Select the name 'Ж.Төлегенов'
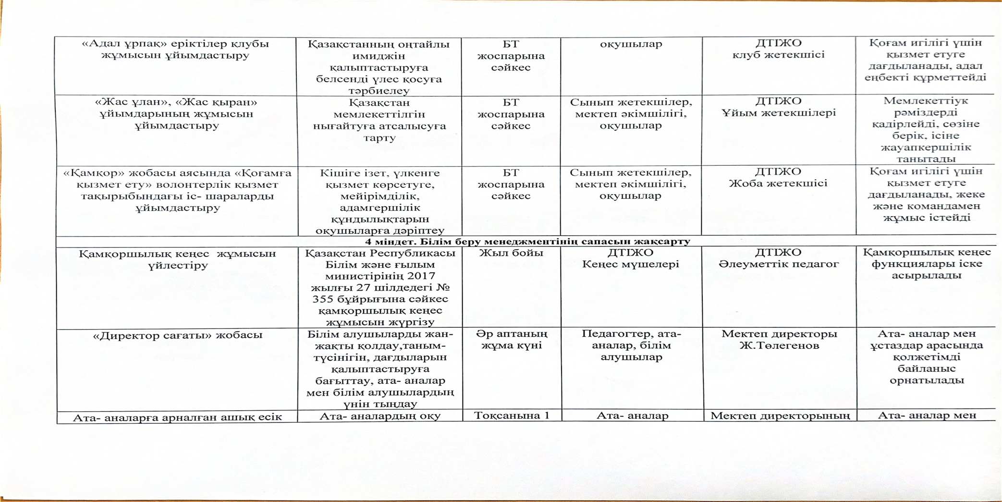(779, 345)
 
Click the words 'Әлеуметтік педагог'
(779, 264)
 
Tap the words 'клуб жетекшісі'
(778, 55)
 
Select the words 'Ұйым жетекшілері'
(779, 113)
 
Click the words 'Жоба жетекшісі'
(778, 184)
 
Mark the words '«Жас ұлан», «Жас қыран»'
(176, 102)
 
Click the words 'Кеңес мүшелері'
(631, 264)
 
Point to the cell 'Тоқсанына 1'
(512, 416)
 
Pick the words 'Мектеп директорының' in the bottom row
(779, 416)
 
